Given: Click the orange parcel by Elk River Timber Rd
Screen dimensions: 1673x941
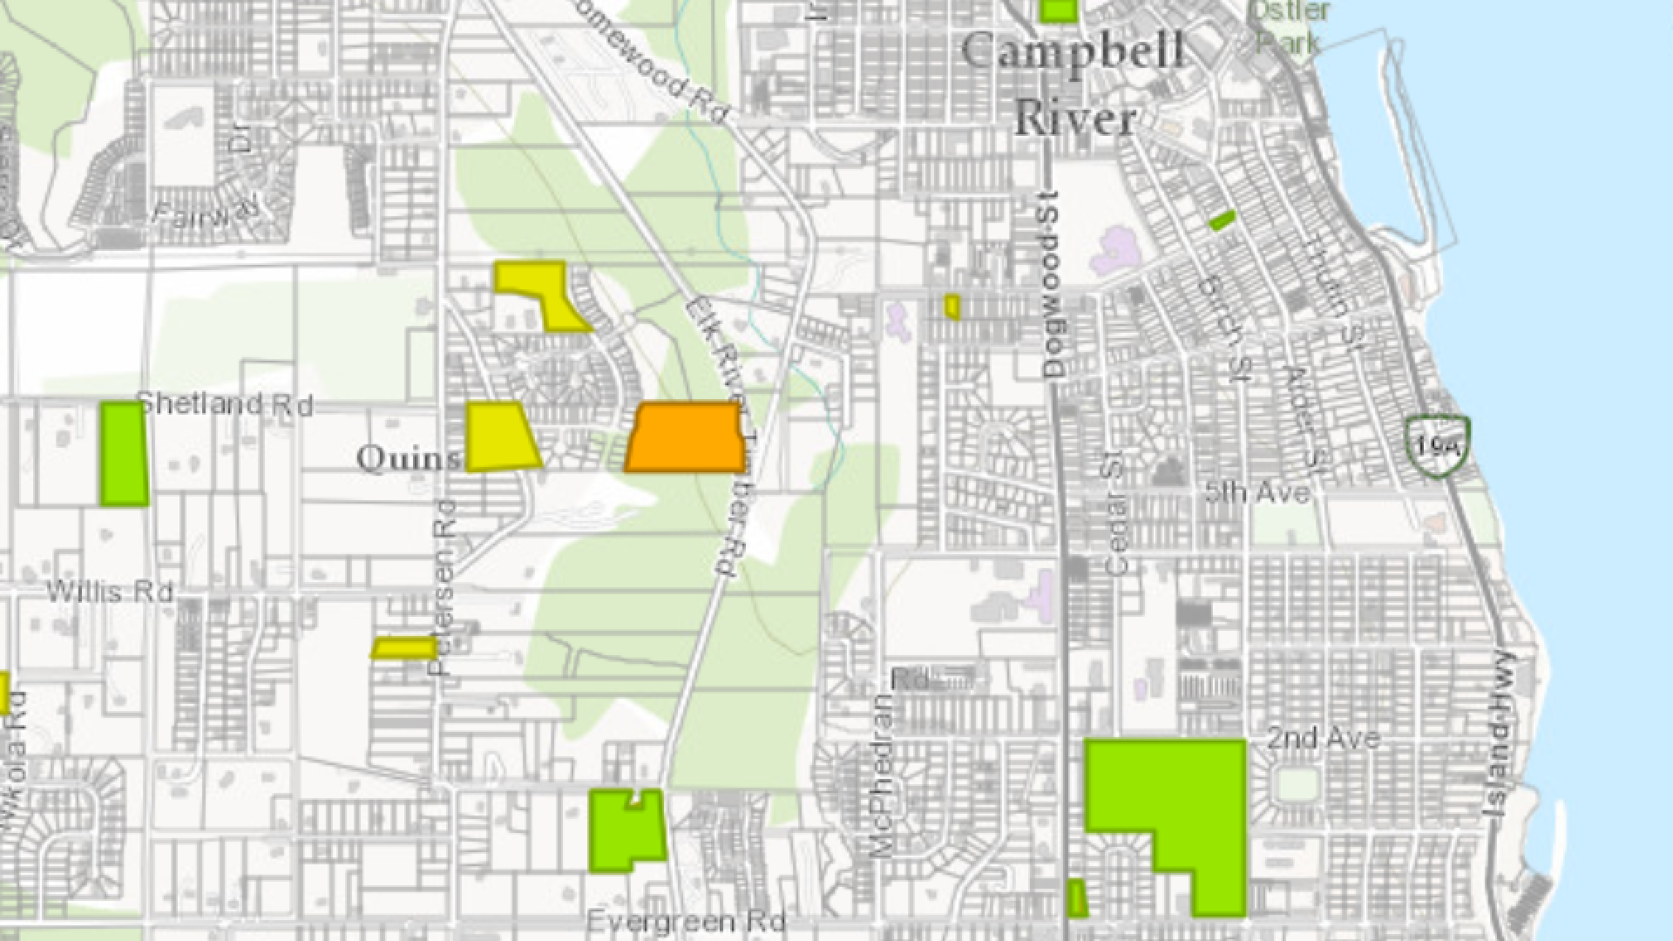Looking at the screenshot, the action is point(686,437).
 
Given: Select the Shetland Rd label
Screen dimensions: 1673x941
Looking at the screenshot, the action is point(226,405).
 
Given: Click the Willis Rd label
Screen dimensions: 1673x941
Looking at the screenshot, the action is point(110,592).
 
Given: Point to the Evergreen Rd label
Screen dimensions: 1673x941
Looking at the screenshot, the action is point(686,921).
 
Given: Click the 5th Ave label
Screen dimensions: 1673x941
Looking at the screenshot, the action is point(1256,492).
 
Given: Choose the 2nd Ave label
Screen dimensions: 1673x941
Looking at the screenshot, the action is point(1323,739).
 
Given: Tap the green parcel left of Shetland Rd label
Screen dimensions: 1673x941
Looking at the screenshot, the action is point(123,453).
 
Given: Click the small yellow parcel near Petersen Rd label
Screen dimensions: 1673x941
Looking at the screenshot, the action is point(404,648).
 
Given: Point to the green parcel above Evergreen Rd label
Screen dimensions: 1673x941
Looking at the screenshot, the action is point(626,832).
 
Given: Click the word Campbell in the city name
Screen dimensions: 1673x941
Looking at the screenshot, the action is point(1073,51).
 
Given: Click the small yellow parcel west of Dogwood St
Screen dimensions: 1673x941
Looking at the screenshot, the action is point(952,307).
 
